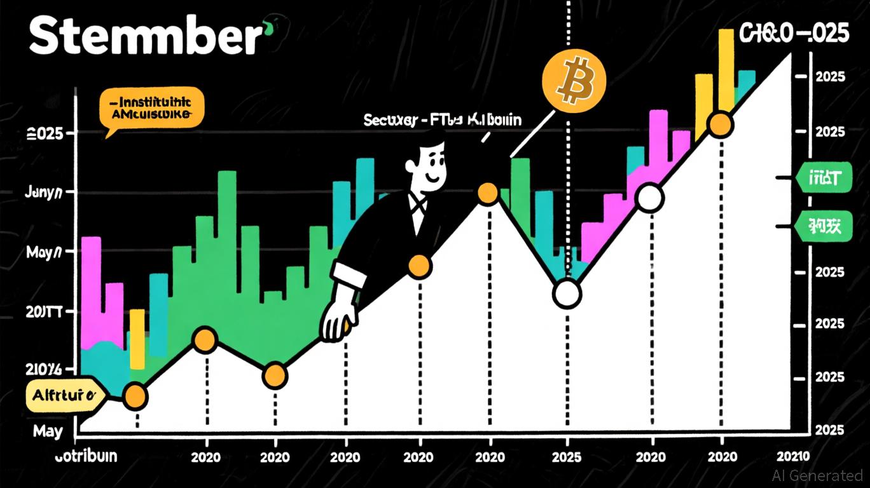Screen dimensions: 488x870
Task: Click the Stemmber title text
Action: pyautogui.click(x=145, y=37)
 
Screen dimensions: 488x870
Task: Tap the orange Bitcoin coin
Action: pyautogui.click(x=574, y=79)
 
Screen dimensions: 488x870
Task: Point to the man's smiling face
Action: pyautogui.click(x=427, y=166)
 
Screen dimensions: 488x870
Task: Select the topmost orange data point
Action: pyautogui.click(x=720, y=125)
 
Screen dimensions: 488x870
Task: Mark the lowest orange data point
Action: pyautogui.click(x=135, y=397)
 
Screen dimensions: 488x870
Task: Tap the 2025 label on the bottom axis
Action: pyautogui.click(x=566, y=457)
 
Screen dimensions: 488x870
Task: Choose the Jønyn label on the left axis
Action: pyautogui.click(x=43, y=192)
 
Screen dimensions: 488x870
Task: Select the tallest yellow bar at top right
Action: pyautogui.click(x=726, y=70)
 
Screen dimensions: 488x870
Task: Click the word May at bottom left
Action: pyautogui.click(x=48, y=431)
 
